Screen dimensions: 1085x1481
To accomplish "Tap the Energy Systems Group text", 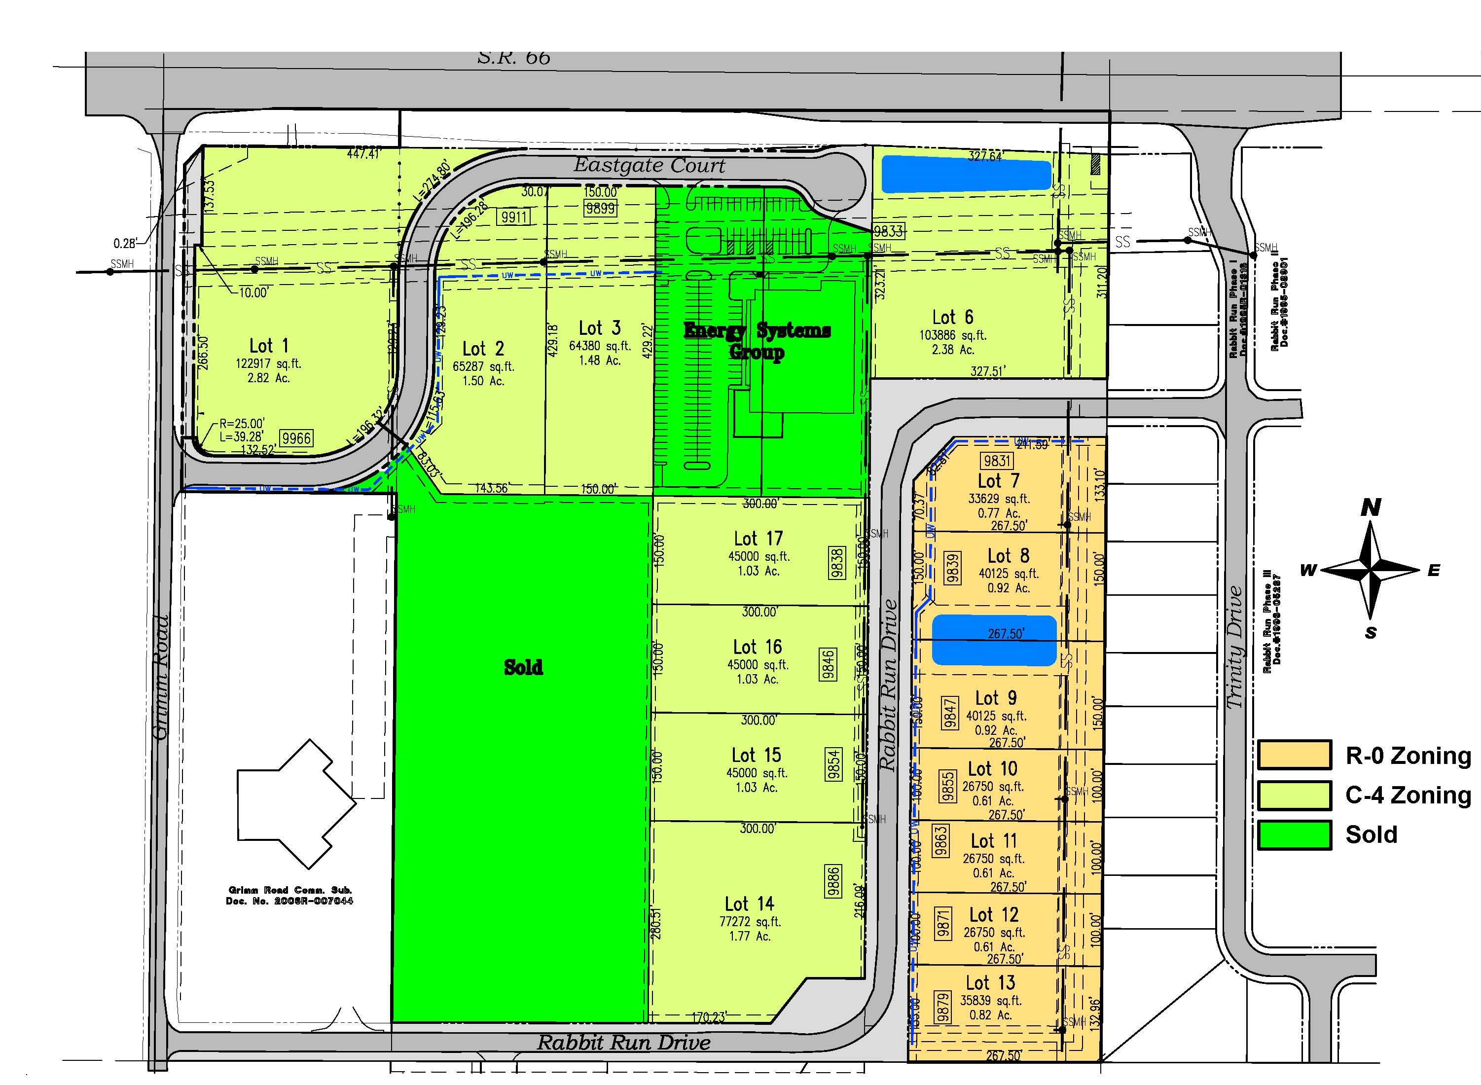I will coord(757,340).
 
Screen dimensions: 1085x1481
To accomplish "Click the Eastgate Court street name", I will coord(650,166).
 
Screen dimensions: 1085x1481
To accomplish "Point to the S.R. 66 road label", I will coord(513,58).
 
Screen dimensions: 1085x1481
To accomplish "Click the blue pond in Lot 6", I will coord(966,174).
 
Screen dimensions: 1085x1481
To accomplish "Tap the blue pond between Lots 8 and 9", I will coord(994,640).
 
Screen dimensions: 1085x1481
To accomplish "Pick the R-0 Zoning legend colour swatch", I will coord(1294,755).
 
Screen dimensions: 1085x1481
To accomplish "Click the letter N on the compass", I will coord(1371,507).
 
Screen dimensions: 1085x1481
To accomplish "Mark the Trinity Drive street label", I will coord(1235,647).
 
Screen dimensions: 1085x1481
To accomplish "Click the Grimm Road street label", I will coord(160,677).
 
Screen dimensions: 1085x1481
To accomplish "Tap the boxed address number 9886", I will coord(833,881).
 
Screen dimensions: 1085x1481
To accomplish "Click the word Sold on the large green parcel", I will coord(523,667).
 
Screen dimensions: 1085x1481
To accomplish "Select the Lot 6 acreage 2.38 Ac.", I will coord(952,349).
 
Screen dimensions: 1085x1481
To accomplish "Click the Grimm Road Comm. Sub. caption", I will coord(289,895).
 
